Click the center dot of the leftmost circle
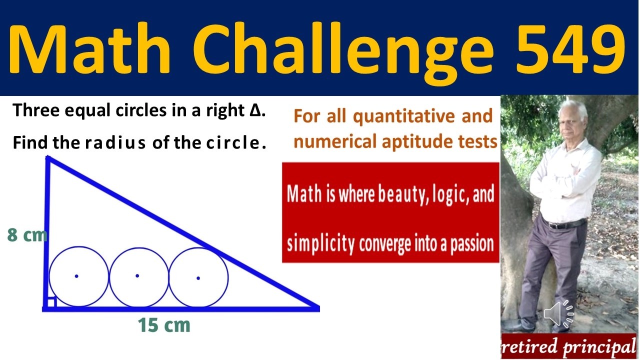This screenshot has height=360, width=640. (76, 276)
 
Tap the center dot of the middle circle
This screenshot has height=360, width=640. (137, 275)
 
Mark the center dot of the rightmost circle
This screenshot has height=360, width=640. (198, 277)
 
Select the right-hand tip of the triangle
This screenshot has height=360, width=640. (317, 308)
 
